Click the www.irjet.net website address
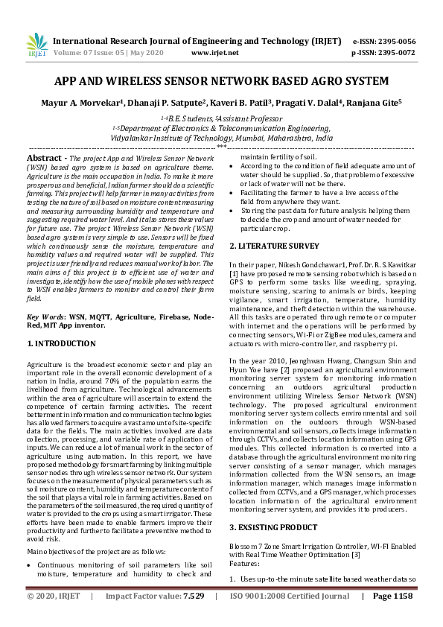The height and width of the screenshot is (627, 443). pyautogui.click(x=214, y=53)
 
